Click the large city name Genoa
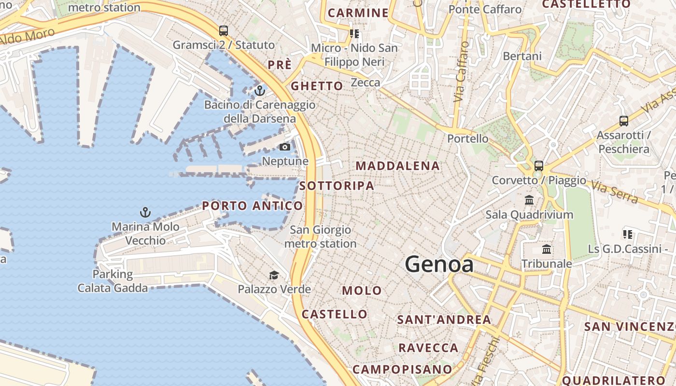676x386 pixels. tap(439, 264)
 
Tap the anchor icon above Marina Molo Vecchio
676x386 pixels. tap(145, 212)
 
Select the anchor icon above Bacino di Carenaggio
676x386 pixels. tap(260, 90)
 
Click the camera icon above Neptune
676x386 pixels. tap(285, 147)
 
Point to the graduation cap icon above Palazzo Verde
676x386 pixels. tap(274, 275)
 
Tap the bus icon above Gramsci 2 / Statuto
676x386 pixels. tap(224, 30)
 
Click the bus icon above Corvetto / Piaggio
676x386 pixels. tap(539, 165)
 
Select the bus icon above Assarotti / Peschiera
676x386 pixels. tap(624, 121)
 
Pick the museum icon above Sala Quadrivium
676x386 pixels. tap(529, 200)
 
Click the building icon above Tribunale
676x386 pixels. tap(547, 249)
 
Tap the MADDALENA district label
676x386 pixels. tap(398, 166)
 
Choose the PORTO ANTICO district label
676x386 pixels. tap(253, 206)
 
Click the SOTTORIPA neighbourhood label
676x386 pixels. tap(337, 186)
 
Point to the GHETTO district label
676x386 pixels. tap(317, 86)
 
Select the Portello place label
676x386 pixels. tap(468, 138)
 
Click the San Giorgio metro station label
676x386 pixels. tap(320, 237)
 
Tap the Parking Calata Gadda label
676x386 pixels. tap(113, 281)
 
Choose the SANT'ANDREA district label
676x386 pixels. tap(444, 319)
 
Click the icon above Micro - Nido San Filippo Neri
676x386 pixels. tap(354, 33)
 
